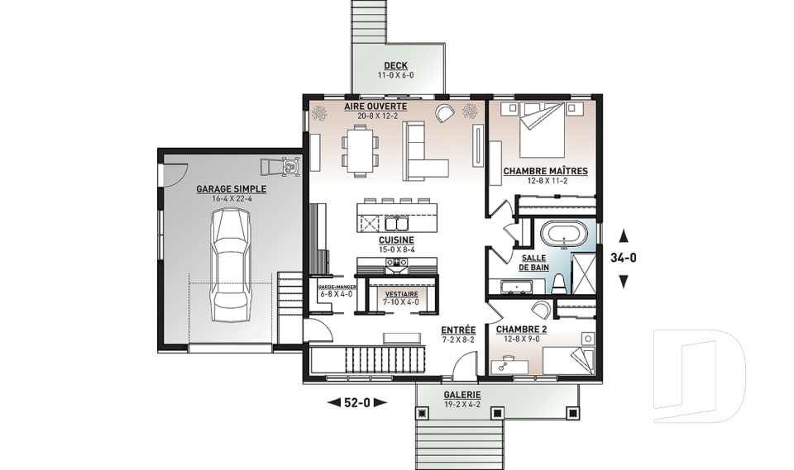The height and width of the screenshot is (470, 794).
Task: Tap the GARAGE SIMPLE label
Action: (x=231, y=189)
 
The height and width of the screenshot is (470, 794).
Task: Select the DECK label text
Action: (x=395, y=65)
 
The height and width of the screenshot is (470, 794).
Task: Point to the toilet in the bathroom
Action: (x=559, y=284)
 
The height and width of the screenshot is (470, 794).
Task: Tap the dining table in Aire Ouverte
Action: (x=360, y=150)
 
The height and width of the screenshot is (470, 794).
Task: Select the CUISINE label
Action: (x=396, y=240)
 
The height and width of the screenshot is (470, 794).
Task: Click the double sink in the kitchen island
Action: (x=395, y=223)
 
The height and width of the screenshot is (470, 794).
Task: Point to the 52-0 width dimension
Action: (x=357, y=403)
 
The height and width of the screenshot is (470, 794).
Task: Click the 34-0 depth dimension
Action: (x=624, y=258)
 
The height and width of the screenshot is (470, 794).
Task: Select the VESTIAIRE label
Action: (x=402, y=294)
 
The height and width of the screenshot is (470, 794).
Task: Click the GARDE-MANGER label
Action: (x=337, y=287)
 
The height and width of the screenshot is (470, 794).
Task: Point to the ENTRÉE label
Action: (x=458, y=329)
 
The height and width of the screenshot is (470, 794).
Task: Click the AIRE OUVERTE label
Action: (x=375, y=107)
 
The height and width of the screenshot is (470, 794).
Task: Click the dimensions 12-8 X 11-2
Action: (x=545, y=181)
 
